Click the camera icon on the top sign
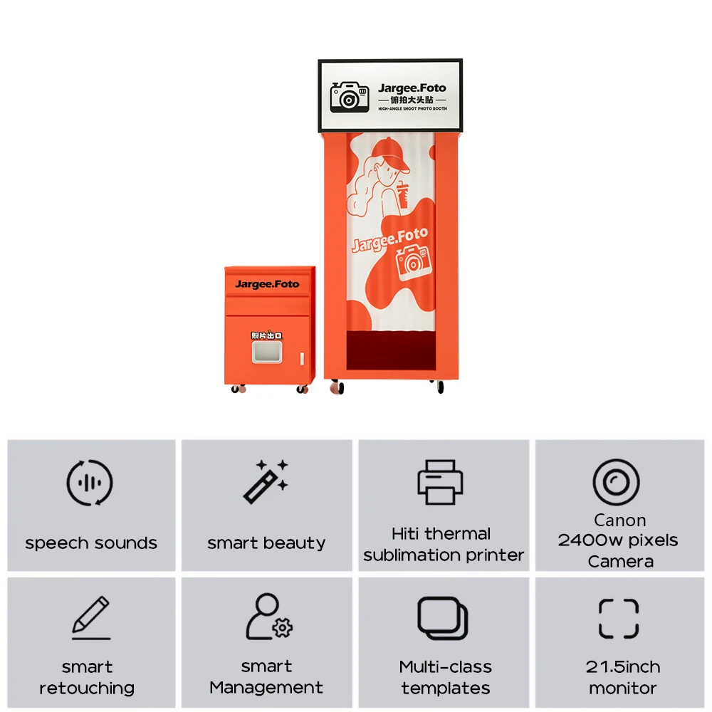click(349, 96)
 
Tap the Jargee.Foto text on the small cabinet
click(267, 284)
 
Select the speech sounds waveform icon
click(90, 483)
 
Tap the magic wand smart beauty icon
click(266, 481)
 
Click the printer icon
click(440, 482)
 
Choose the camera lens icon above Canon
click(616, 482)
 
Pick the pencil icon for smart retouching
click(92, 617)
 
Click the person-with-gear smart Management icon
click(268, 617)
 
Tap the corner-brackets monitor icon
click(618, 618)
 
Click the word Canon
click(619, 520)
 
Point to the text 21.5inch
click(622, 667)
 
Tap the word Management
click(266, 688)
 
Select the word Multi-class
click(445, 667)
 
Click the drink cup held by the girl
click(404, 193)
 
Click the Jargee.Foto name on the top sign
click(412, 88)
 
